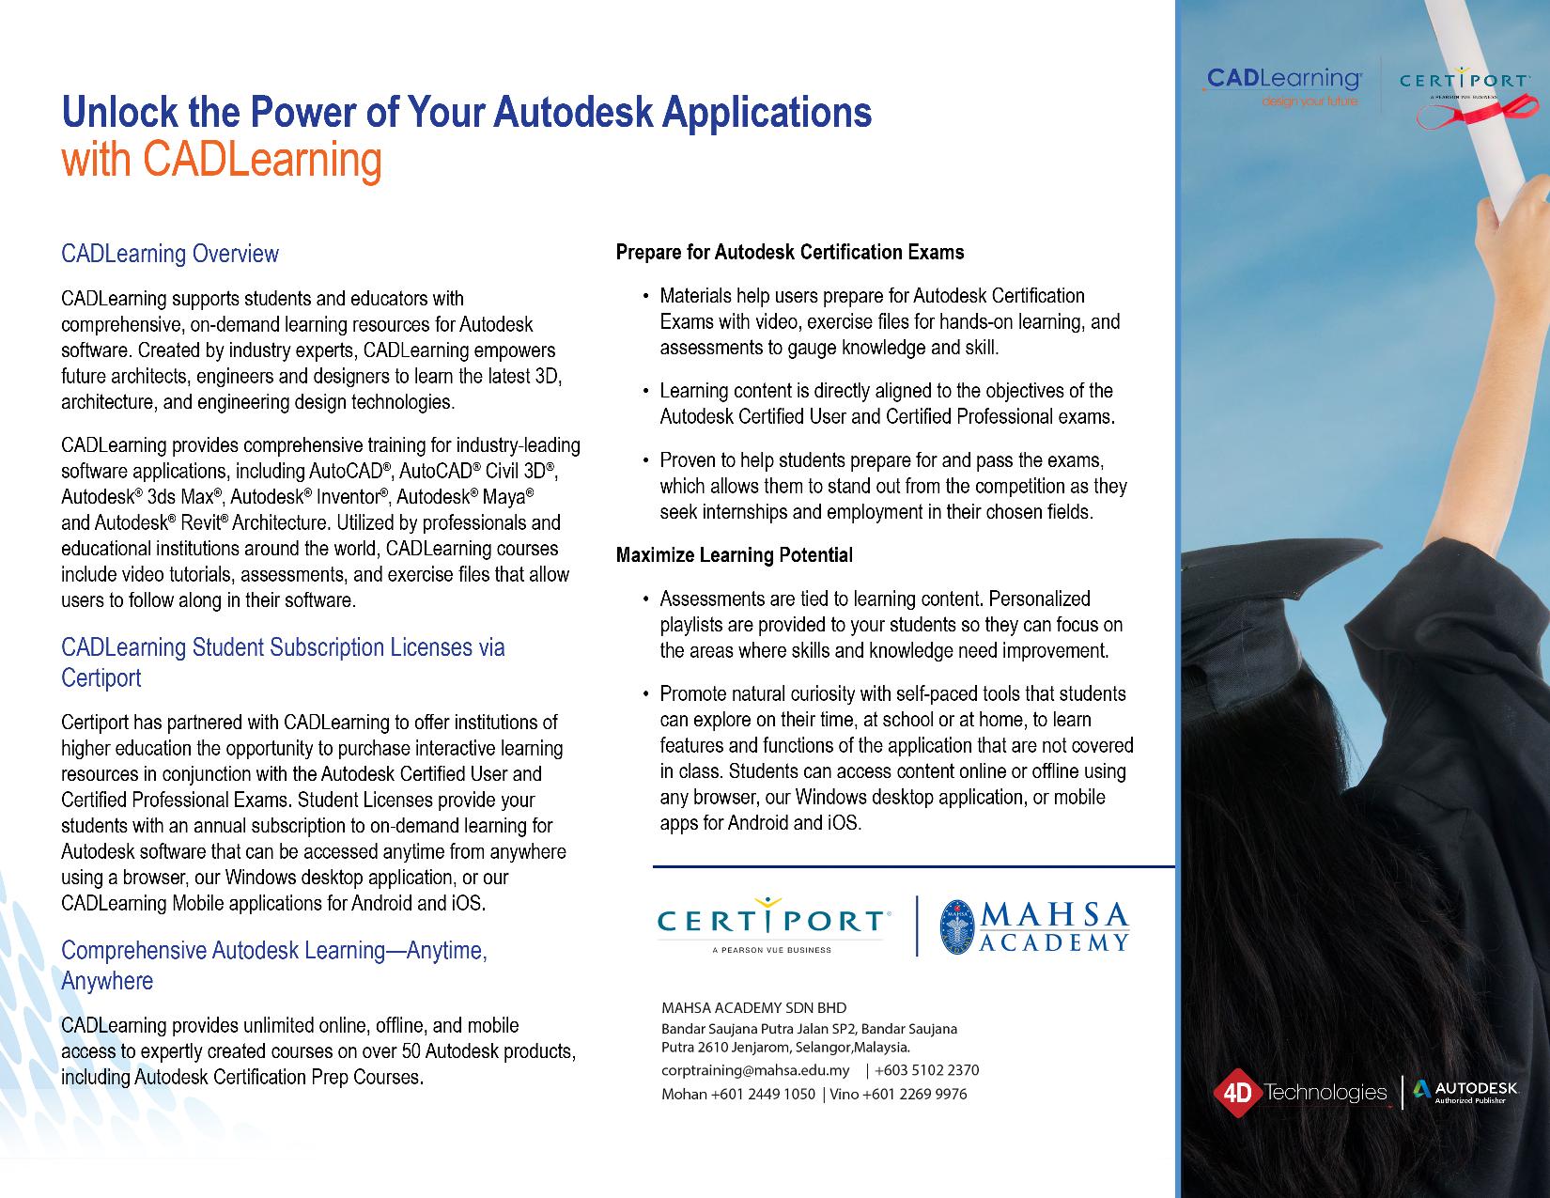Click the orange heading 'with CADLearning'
[x=222, y=161]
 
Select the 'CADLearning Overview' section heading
[x=170, y=254]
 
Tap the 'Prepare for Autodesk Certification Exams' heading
[x=790, y=252]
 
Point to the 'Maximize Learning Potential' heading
[x=735, y=555]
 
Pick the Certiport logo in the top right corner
[x=1464, y=86]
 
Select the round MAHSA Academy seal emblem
[x=957, y=926]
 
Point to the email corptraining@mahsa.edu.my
[x=755, y=1070]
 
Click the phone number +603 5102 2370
[x=927, y=1070]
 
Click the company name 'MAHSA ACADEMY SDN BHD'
[x=753, y=1008]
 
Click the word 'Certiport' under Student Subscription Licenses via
[x=101, y=677]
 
